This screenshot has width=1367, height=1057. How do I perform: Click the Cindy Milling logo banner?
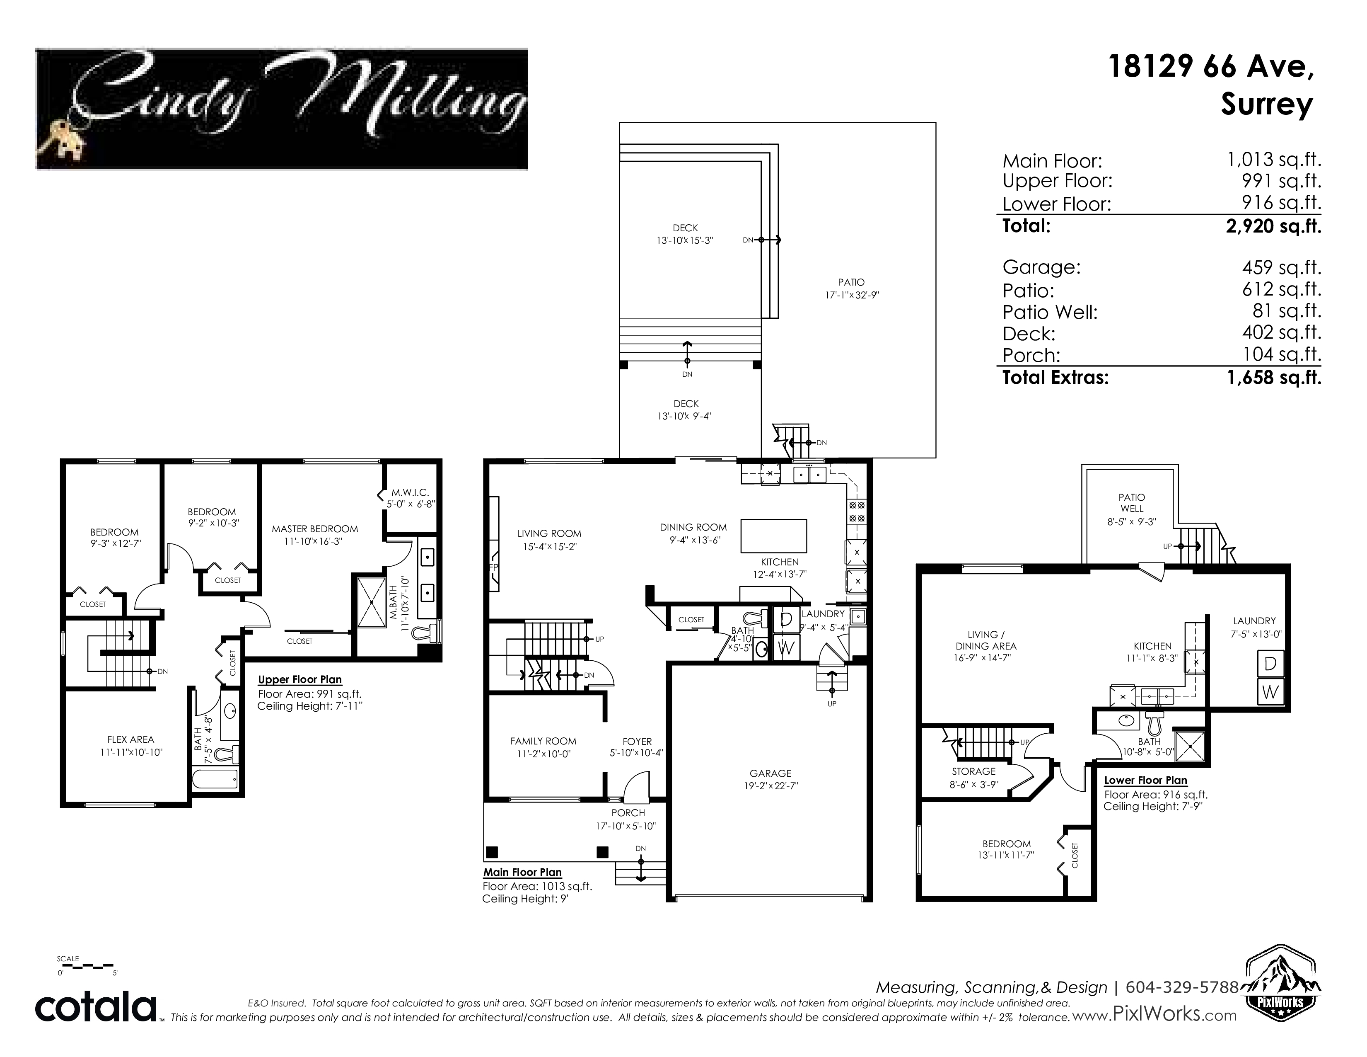tap(281, 108)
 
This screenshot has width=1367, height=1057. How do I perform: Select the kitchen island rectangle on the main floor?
tap(774, 536)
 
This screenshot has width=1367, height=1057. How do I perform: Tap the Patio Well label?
tap(1132, 503)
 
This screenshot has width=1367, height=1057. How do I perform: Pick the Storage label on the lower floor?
tap(973, 771)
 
